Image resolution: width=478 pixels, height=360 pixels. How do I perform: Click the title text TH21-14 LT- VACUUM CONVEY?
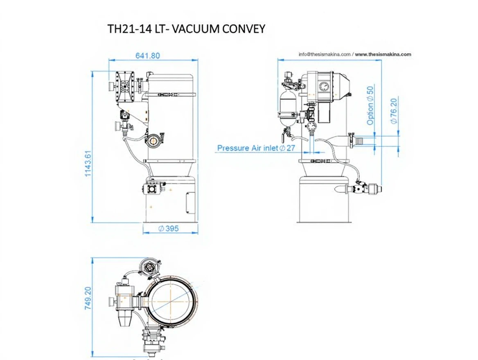186,29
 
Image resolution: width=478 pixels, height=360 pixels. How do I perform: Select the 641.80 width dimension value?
148,56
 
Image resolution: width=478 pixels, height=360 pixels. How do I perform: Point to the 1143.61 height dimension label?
88,163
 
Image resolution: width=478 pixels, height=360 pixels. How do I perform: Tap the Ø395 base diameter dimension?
169,228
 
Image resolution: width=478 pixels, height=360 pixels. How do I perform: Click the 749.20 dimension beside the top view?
88,298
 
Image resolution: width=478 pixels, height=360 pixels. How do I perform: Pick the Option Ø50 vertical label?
370,106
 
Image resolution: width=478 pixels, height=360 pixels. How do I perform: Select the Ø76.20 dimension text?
394,110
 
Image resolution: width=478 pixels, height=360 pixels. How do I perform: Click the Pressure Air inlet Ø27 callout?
256,148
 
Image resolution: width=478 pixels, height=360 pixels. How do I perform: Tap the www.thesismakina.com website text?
383,54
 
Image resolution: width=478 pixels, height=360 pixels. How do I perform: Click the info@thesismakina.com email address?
325,54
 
